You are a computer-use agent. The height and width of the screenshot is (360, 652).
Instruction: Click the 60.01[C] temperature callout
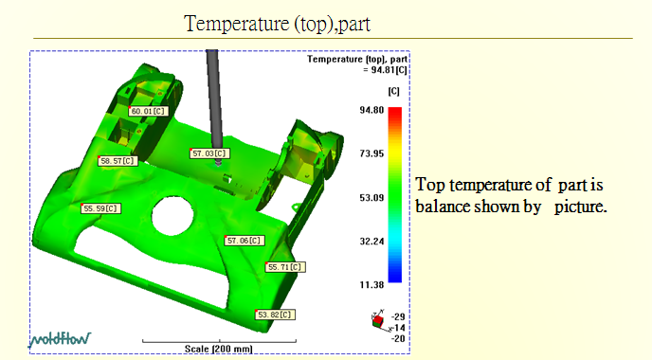point(149,112)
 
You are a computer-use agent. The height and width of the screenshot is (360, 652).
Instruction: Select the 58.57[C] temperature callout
point(118,161)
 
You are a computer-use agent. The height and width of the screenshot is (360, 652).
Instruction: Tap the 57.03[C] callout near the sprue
point(210,153)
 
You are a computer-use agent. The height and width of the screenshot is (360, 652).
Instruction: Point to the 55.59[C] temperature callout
point(100,208)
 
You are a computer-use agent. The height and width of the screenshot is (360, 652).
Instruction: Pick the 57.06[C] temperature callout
point(244,241)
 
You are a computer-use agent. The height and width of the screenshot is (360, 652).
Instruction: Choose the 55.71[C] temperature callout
point(285,267)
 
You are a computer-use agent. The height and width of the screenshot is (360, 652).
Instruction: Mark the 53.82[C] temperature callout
point(275,315)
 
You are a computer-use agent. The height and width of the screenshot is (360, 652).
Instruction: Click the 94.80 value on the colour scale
point(371,110)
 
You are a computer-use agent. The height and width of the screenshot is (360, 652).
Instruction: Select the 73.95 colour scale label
point(371,153)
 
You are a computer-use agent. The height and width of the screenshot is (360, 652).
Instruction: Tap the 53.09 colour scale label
point(371,197)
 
